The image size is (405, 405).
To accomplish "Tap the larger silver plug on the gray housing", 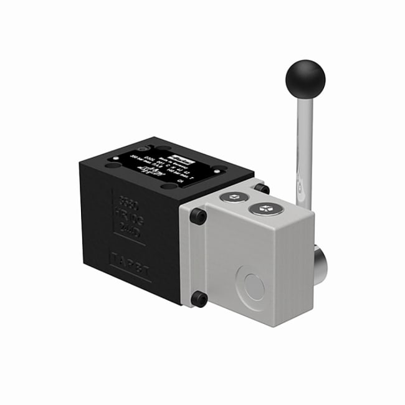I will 266,209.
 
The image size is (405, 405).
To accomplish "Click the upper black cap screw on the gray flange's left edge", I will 198,217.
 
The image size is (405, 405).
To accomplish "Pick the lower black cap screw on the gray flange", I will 199,299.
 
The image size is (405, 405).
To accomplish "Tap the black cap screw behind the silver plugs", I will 262,188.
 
